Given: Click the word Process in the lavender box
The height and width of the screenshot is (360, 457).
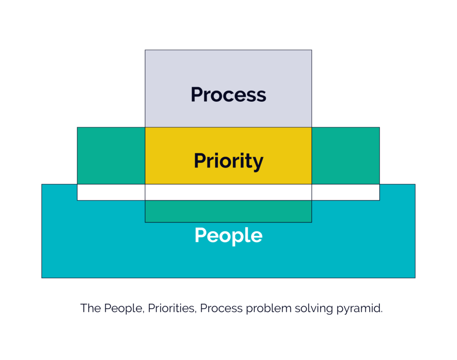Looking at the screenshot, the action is pos(228,95).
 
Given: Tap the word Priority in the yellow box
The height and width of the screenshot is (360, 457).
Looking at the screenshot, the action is pos(228,161).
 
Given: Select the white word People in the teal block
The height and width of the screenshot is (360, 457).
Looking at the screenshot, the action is pos(228,236).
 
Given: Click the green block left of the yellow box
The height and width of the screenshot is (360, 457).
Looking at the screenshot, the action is pos(111,156).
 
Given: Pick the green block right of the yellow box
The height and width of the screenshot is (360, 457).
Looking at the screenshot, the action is pos(346,156).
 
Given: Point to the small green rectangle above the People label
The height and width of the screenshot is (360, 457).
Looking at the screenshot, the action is pos(228,211).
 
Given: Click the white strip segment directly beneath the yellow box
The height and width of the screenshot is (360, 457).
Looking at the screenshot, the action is pos(228,192).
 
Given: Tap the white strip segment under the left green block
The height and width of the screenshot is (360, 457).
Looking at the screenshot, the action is pos(111,192).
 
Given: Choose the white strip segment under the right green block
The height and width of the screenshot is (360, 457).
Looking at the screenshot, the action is pos(346,192).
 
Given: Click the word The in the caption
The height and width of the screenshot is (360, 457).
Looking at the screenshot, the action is pos(91,308).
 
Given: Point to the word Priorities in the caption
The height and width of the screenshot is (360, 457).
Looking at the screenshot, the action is pos(172,308).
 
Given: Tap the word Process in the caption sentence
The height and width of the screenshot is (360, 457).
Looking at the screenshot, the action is pos(221,308).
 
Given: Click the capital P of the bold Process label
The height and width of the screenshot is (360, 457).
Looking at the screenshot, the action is pos(197,95).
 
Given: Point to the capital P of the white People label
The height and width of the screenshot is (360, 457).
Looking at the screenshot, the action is pos(200,235).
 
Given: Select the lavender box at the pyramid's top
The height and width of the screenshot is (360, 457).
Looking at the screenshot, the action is pos(228,88).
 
